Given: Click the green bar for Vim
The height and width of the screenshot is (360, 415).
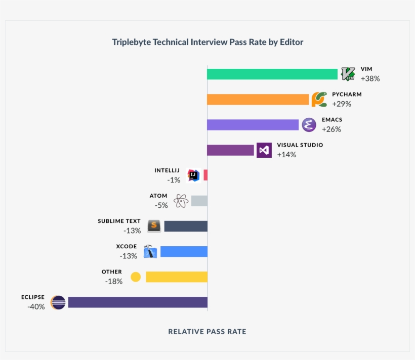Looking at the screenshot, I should point(272,74).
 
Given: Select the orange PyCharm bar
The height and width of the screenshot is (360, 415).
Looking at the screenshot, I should point(258,100).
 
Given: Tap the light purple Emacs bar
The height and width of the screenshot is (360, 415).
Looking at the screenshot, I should point(253,125).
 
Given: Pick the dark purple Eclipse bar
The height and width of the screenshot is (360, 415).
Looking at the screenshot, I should point(138,302).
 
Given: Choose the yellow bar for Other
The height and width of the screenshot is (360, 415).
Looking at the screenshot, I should point(177,277).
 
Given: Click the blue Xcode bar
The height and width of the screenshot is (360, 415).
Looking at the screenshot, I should point(184,251).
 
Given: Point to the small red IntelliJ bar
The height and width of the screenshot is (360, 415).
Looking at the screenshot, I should point(205,175).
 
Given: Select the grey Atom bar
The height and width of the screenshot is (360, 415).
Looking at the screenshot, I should point(199,201).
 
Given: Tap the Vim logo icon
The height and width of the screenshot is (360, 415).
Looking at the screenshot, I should point(348,74).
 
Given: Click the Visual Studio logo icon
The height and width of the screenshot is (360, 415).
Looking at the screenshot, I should point(264,150).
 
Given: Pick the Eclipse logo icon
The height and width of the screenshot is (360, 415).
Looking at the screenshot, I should point(58,302).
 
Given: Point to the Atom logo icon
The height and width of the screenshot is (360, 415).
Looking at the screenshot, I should point(181,201).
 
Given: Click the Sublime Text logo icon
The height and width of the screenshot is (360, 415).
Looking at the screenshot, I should point(154,226).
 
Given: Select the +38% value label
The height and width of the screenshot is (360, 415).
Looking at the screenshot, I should point(370,79).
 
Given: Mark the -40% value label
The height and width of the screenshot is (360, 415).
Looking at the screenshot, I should point(36,307).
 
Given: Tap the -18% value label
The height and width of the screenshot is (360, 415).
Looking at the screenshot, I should point(114,282).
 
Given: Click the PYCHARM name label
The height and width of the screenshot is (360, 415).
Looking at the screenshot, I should point(347,95).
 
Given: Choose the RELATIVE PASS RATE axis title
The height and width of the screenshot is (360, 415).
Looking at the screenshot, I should point(207,332).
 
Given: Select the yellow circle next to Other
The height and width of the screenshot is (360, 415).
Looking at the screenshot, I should point(135,277).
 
